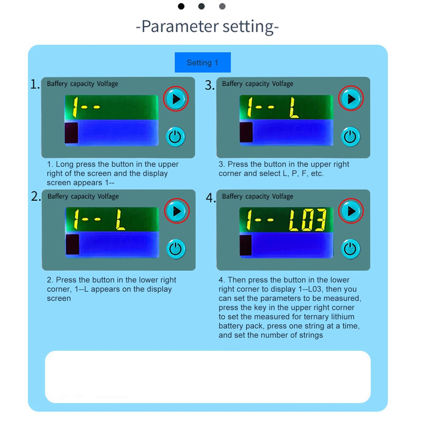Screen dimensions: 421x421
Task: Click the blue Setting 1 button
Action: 203,62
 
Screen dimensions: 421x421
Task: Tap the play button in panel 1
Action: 176,99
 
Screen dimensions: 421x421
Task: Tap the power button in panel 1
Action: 176,137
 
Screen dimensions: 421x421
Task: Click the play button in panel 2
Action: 177,211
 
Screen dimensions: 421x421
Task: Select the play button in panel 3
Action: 351,98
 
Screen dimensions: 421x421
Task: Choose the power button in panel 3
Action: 350,137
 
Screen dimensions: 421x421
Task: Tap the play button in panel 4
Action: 351,211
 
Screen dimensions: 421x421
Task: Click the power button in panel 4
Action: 350,249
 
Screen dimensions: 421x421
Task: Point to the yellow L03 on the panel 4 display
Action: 307,220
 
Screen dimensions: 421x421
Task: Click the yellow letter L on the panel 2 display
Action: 121,220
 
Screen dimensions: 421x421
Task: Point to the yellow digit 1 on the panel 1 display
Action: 75,107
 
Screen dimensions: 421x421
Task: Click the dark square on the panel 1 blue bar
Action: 71,133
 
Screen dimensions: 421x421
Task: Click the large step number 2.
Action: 35,196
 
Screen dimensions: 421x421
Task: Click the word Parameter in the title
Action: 180,26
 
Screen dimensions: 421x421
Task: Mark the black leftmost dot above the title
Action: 181,6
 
